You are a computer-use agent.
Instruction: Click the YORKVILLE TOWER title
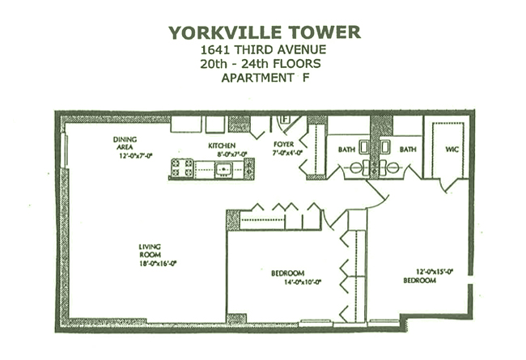(265, 32)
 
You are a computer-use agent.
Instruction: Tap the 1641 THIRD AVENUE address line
(263, 50)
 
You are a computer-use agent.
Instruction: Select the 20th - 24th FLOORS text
(261, 64)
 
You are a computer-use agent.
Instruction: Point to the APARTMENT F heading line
(265, 78)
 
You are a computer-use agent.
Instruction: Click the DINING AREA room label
(125, 143)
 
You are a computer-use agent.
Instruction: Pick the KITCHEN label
(222, 146)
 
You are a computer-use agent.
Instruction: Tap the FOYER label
(284, 144)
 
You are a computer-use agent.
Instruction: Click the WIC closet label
(452, 150)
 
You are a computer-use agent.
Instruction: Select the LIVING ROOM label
(150, 251)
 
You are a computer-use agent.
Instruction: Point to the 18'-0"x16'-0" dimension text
(158, 264)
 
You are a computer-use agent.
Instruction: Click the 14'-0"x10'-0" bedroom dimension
(303, 282)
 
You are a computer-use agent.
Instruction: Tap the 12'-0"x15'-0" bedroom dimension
(435, 272)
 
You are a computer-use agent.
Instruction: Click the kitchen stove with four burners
(182, 167)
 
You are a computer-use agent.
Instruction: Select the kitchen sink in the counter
(223, 169)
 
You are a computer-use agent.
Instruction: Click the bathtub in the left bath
(364, 146)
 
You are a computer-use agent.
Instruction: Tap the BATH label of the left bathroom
(346, 150)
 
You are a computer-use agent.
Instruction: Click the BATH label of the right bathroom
(408, 150)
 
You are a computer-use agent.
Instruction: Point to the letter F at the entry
(286, 118)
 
